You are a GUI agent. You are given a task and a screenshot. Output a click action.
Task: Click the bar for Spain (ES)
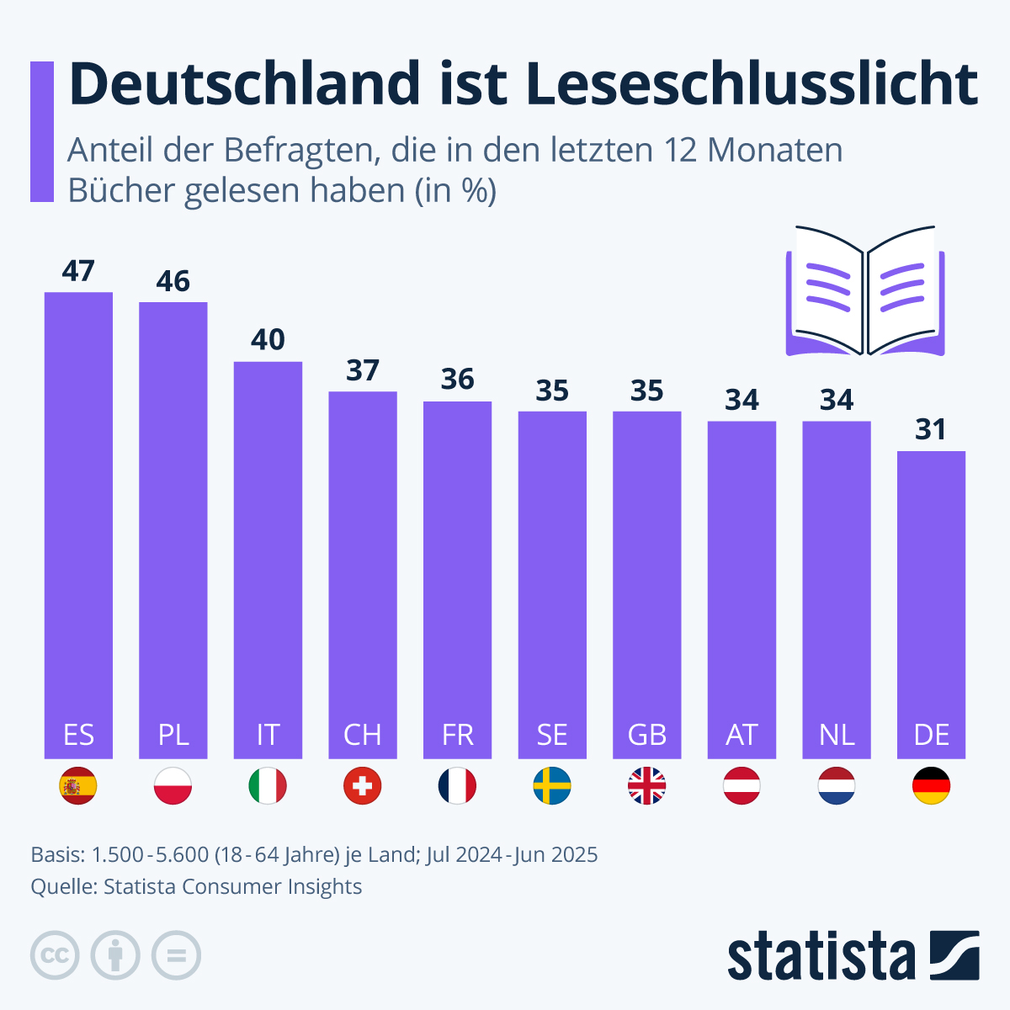tap(78, 522)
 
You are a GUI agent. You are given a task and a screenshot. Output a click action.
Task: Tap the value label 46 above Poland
tap(173, 281)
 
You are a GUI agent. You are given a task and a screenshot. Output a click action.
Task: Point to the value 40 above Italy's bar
tap(268, 340)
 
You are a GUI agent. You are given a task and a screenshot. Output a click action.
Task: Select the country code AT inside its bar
tap(742, 735)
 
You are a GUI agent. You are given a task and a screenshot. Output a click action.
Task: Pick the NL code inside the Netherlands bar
tap(837, 735)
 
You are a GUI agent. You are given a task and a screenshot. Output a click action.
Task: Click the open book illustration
tap(865, 290)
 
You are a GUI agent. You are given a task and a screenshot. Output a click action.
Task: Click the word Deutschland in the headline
tap(244, 83)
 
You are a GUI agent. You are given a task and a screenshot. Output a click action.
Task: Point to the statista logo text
tap(821, 956)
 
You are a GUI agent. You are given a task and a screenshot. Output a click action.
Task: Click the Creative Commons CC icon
tap(55, 955)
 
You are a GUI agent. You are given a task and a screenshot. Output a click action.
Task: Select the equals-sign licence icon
tap(176, 955)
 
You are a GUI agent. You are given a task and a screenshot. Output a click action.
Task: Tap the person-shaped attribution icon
tap(115, 955)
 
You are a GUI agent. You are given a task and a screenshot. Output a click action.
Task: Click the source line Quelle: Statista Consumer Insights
tap(196, 886)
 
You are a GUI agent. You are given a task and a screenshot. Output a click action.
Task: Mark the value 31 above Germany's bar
tap(931, 430)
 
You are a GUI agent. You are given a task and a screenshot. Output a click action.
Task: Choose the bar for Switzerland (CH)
tap(363, 572)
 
